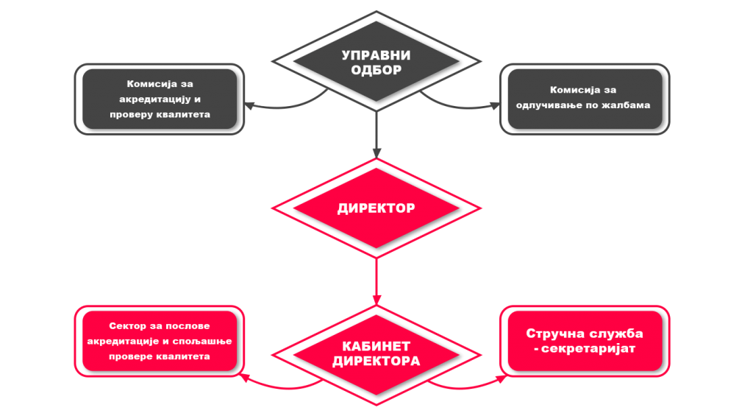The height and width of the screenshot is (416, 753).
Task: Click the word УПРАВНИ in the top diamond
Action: (376, 56)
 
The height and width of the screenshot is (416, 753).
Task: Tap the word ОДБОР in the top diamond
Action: (376, 71)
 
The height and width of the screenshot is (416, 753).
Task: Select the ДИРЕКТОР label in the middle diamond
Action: (376, 208)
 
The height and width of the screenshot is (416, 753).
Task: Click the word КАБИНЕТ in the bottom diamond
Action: (376, 347)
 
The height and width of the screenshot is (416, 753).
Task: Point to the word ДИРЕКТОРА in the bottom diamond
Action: (376, 362)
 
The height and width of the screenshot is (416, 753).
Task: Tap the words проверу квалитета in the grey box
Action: (160, 114)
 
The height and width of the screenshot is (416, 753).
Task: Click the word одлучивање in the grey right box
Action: (566, 105)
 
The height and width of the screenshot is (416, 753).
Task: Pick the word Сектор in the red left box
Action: (127, 326)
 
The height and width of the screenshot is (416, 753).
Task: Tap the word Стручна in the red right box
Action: (555, 334)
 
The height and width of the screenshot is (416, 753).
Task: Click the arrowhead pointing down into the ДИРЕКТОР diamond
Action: (376, 152)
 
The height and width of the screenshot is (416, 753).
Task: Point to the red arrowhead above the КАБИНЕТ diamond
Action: (376, 299)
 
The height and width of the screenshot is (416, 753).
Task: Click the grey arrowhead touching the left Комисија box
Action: (249, 105)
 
